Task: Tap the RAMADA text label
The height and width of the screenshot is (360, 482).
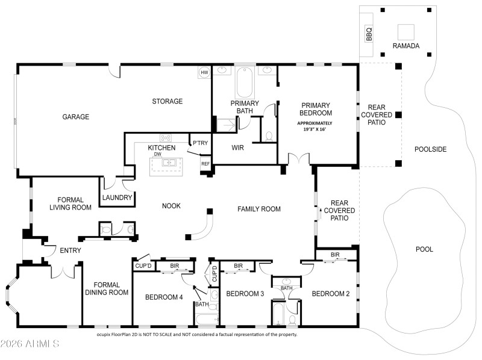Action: coord(405,46)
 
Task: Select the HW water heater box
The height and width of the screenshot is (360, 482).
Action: coord(204,72)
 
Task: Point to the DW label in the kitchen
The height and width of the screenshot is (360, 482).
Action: coord(158,154)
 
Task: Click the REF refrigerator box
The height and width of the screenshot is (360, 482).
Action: coord(205,164)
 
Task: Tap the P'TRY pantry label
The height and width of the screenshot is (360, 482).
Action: coord(199,143)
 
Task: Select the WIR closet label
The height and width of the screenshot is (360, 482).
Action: coord(237,147)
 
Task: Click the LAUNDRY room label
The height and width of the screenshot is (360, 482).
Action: coord(117,197)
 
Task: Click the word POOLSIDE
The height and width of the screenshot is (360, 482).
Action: coord(430,149)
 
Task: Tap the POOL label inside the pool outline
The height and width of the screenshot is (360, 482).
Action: coord(424,249)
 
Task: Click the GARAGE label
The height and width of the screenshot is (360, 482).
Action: coord(76,117)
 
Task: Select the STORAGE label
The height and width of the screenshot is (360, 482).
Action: coord(167,101)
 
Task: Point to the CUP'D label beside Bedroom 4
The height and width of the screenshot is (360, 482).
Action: coord(143,265)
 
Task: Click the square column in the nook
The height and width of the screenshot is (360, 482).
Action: coord(210,211)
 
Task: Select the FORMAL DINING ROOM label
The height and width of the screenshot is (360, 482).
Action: coord(107,288)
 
